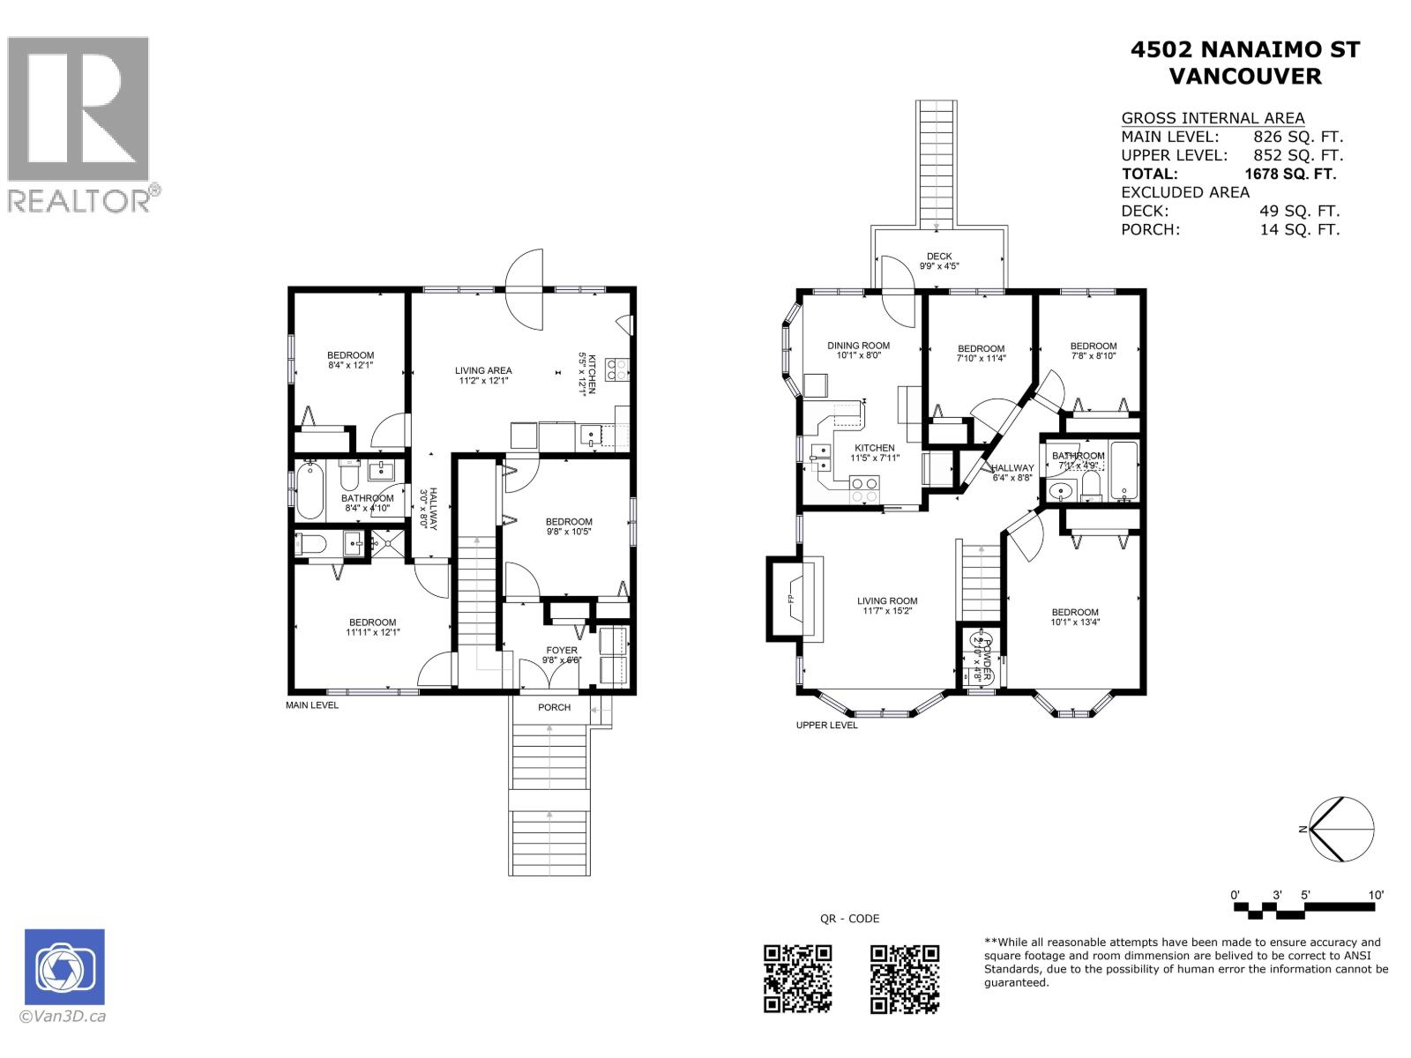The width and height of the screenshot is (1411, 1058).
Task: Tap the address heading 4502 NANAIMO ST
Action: pyautogui.click(x=1244, y=50)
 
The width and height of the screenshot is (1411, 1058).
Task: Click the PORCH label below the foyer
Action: pyautogui.click(x=554, y=707)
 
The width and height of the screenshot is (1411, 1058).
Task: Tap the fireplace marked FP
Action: pyautogui.click(x=792, y=598)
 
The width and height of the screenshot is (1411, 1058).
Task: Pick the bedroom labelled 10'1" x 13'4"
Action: pyautogui.click(x=1074, y=616)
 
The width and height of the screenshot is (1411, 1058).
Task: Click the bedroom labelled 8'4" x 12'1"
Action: pyautogui.click(x=350, y=360)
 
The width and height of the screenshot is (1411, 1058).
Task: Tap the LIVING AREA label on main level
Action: pyautogui.click(x=483, y=376)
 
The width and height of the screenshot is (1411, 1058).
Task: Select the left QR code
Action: pyautogui.click(x=797, y=978)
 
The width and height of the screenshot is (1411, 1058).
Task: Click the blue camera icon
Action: pyautogui.click(x=64, y=967)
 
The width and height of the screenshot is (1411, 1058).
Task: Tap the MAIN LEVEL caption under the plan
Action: pyautogui.click(x=311, y=705)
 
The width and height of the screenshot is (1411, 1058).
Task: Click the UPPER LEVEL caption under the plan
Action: pyautogui.click(x=826, y=725)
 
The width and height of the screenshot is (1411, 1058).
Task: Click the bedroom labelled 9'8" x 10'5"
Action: pyautogui.click(x=568, y=526)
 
